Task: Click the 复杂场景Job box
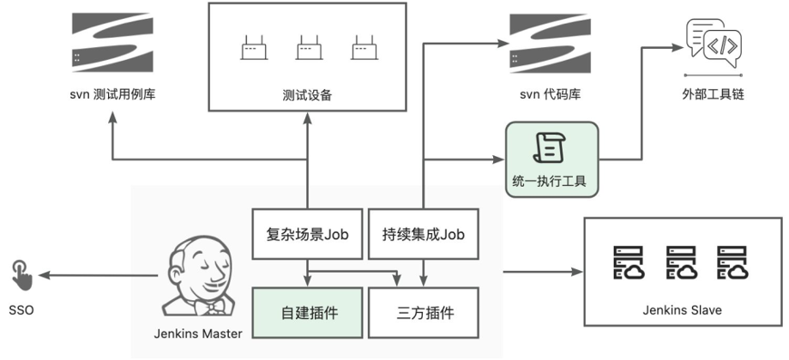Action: pyautogui.click(x=306, y=231)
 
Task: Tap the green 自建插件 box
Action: pyautogui.click(x=306, y=312)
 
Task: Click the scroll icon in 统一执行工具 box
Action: pyautogui.click(x=550, y=149)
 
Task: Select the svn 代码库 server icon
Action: pyautogui.click(x=550, y=40)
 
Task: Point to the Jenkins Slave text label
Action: pyautogui.click(x=682, y=310)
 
